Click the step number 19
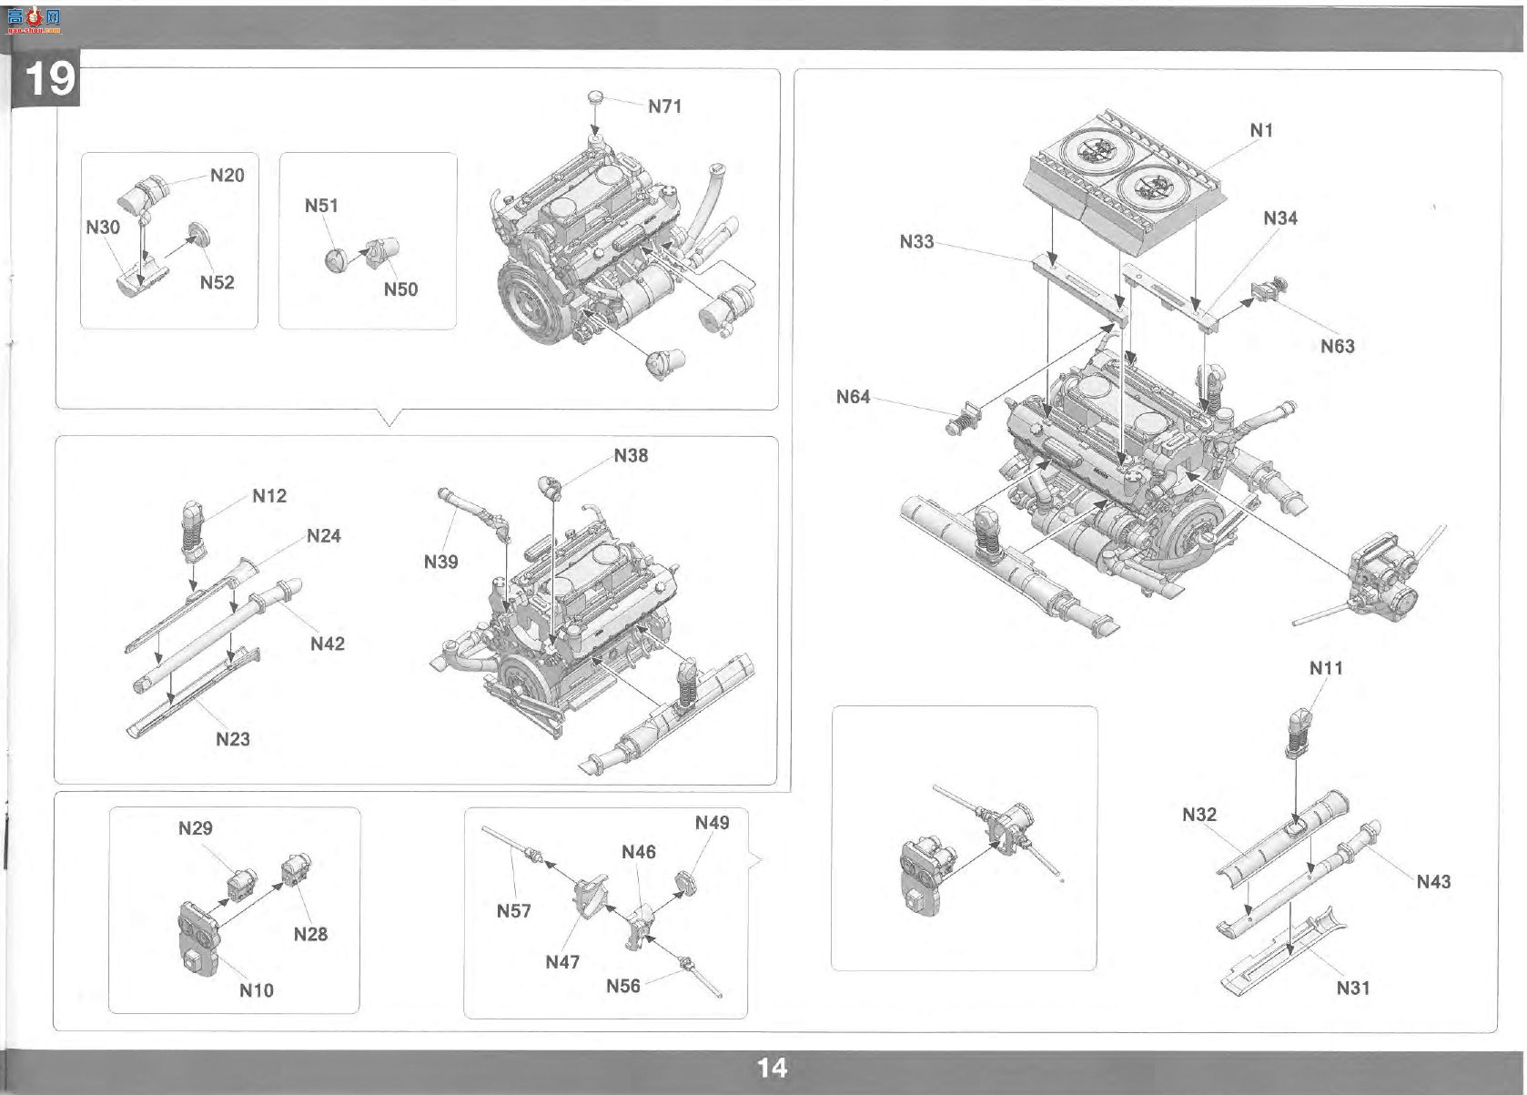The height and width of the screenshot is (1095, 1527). [x=49, y=78]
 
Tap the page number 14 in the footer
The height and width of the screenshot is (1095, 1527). [x=772, y=1068]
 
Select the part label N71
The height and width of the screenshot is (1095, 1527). [x=664, y=106]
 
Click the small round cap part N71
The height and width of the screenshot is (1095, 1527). [x=596, y=96]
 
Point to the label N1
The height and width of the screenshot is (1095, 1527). [x=1261, y=130]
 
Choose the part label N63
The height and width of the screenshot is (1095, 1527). [x=1338, y=347]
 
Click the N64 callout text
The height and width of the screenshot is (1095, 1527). [x=854, y=397]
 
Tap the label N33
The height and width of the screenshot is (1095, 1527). [x=917, y=241]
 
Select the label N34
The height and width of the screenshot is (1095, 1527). [x=1280, y=218]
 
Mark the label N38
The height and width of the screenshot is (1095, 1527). [x=632, y=455]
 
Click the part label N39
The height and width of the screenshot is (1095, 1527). [x=440, y=562]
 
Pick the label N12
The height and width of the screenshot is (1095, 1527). [x=269, y=496]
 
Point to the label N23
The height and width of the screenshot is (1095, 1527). [x=233, y=739]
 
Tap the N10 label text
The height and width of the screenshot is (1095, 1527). [x=257, y=990]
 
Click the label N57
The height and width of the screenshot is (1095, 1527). [x=513, y=911]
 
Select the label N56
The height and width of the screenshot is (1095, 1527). [x=623, y=986]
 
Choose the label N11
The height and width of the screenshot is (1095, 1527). [x=1326, y=668]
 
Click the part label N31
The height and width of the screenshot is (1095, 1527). [x=1353, y=988]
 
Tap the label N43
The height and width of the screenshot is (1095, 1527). [x=1433, y=882]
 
